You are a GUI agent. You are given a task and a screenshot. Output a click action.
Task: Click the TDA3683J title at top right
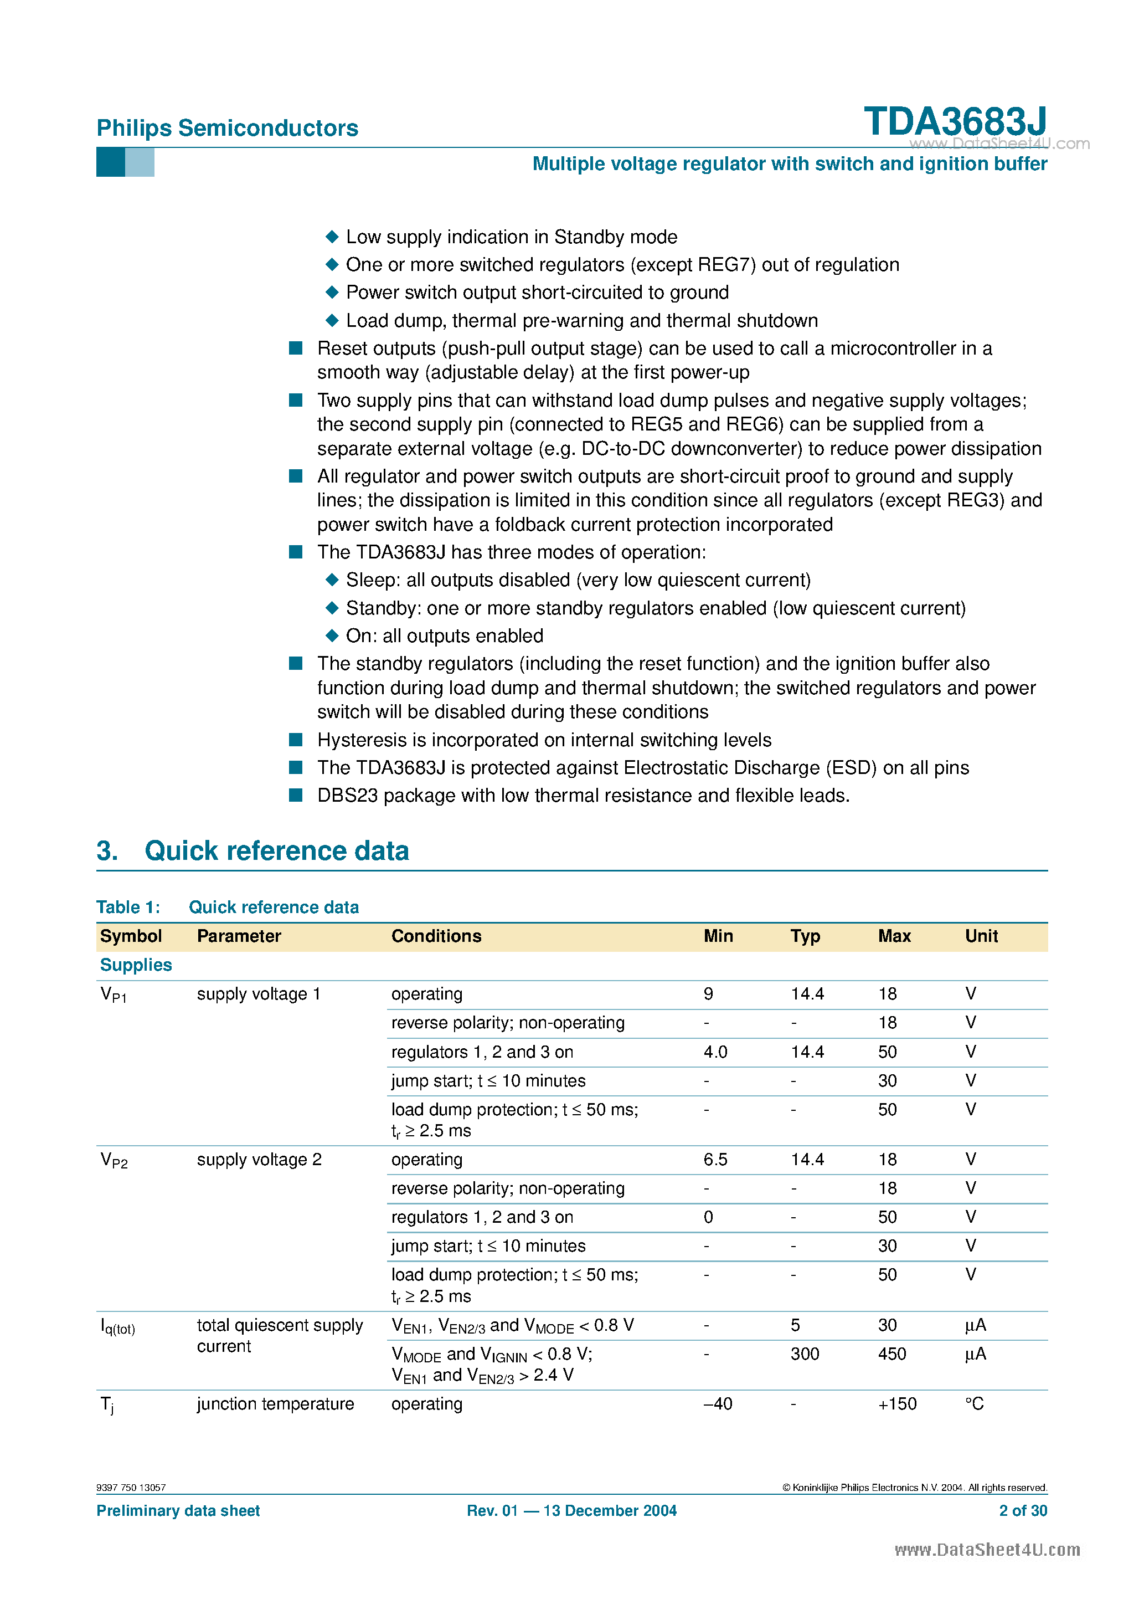point(955,121)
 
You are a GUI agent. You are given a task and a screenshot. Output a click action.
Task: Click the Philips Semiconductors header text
point(227,128)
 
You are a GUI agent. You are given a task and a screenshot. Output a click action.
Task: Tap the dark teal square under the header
point(110,162)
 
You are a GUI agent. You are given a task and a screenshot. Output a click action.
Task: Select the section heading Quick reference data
point(276,851)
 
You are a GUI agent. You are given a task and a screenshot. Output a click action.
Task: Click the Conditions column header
point(436,936)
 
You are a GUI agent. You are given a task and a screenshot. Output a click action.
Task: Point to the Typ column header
point(805,936)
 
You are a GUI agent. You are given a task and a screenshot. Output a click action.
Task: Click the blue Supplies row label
point(136,965)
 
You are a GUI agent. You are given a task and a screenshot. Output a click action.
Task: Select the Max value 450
point(892,1354)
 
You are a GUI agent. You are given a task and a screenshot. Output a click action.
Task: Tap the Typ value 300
point(804,1354)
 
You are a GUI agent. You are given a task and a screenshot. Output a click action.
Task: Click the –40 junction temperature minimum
point(717,1404)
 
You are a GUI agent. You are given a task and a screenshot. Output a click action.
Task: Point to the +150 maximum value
point(896,1404)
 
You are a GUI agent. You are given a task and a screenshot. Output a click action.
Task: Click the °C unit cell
point(974,1404)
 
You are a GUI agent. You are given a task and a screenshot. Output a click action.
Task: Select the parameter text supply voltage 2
point(259,1159)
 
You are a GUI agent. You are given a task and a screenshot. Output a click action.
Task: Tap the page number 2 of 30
point(1023,1511)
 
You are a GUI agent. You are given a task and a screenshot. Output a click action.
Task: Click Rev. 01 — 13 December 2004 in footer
point(571,1511)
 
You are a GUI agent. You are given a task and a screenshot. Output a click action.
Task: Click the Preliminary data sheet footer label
point(178,1511)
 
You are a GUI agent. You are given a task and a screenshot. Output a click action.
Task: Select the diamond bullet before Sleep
point(332,580)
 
